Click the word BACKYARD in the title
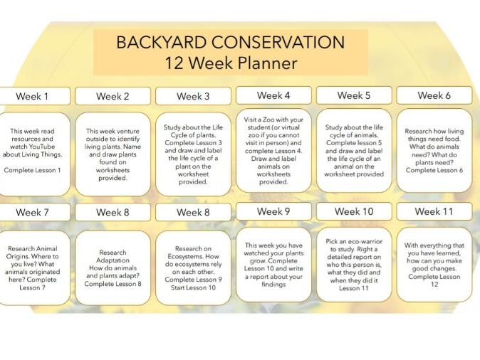click(162, 42)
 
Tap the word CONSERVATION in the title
click(278, 42)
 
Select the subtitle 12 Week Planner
click(231, 63)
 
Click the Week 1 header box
click(33, 96)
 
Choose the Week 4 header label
click(273, 95)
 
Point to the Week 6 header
click(434, 95)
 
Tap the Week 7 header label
click(33, 212)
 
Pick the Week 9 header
click(273, 211)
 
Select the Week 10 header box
click(354, 211)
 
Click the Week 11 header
click(434, 211)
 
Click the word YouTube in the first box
click(41, 147)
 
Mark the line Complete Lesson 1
click(32, 170)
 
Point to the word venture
click(127, 131)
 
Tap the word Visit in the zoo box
click(250, 120)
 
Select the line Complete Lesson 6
click(434, 170)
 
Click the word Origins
click(17, 256)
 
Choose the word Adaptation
click(113, 260)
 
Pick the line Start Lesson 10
click(193, 287)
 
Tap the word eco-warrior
click(365, 241)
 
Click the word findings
click(273, 285)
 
